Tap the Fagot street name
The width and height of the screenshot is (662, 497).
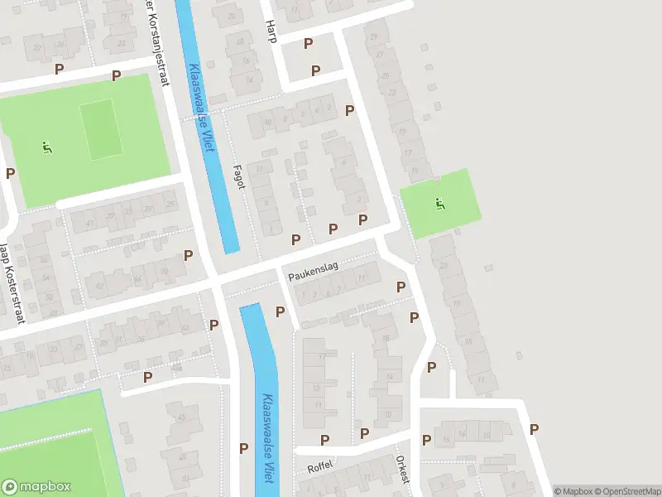(x=239, y=176)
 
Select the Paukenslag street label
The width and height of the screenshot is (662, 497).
(x=314, y=271)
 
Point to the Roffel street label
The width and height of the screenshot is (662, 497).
(x=319, y=466)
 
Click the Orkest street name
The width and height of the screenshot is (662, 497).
(x=402, y=468)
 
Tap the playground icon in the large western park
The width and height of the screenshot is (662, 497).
(x=46, y=147)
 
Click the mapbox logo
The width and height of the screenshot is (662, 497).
(x=36, y=487)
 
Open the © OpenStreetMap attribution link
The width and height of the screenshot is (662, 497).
(x=626, y=491)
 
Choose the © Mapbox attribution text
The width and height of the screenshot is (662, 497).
(x=574, y=491)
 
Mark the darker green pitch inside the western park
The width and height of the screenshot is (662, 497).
(x=100, y=129)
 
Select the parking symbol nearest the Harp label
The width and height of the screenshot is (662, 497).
(x=309, y=43)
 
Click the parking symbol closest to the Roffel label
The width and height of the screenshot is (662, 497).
(x=325, y=440)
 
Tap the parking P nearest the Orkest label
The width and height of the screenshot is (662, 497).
(x=426, y=440)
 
